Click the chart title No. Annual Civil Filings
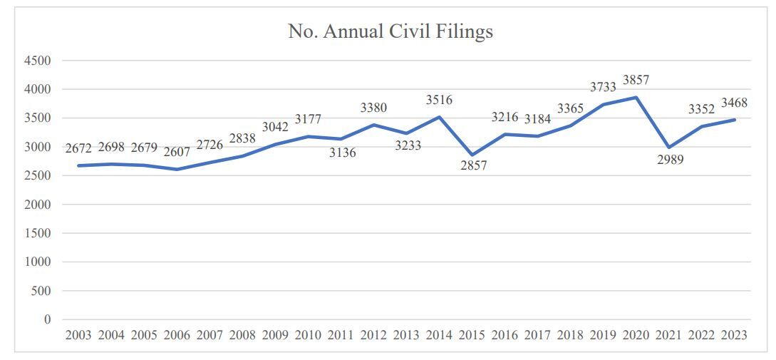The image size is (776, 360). coord(390,31)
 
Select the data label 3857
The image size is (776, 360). coord(635,80)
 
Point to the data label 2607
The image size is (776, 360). coord(177,152)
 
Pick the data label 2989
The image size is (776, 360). coord(670,160)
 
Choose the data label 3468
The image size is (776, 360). coord(733,103)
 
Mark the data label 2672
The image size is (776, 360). coord(79,148)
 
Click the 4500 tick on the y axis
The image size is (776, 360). coord(37,61)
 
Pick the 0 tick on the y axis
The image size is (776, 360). coord(47,319)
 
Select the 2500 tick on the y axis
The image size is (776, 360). coord(37,175)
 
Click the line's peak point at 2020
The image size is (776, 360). coord(636,98)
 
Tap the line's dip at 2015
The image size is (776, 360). coord(472,155)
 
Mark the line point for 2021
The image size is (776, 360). coord(668,148)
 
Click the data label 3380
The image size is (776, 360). coord(373,108)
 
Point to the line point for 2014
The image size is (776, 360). coord(439,117)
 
